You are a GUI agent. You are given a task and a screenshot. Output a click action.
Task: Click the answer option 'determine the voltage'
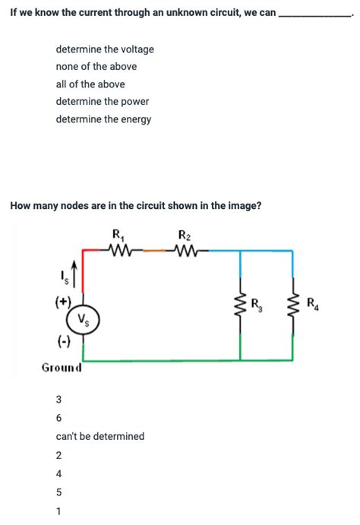[105, 49]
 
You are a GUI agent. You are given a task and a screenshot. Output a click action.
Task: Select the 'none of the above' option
[96, 67]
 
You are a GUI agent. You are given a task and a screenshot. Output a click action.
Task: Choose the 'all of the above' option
[90, 84]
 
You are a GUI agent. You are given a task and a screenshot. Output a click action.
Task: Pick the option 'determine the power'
[102, 102]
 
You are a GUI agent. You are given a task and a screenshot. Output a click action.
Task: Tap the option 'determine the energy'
[103, 119]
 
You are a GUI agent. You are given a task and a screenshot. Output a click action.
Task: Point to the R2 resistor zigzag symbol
[185, 248]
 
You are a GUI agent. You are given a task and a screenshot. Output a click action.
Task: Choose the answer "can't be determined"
[99, 437]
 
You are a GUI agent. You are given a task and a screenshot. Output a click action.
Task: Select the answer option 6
[59, 418]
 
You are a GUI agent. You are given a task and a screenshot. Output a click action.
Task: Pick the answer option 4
[59, 474]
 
